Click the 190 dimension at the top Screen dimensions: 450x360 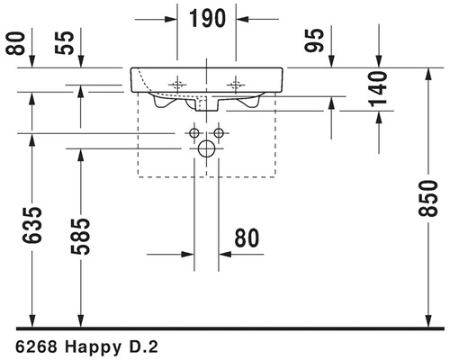207,19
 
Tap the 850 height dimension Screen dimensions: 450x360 428,198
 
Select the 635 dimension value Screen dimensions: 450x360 31,225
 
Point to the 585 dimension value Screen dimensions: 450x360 80,237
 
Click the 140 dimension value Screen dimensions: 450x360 379,89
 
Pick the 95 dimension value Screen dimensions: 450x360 314,40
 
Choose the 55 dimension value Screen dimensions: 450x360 64,43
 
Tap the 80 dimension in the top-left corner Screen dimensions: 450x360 15,43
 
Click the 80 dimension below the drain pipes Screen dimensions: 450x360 247,238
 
